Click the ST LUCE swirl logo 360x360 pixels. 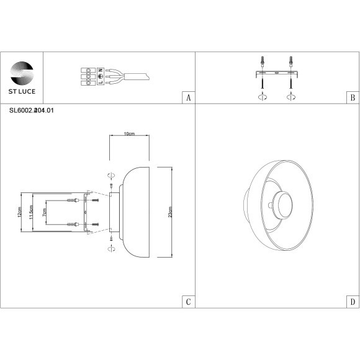(x=22, y=71)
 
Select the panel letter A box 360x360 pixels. (x=188, y=98)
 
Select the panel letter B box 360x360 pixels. (x=352, y=98)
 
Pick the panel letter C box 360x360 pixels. (x=188, y=302)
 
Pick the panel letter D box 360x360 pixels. (x=352, y=302)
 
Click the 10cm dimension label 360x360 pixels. (x=130, y=134)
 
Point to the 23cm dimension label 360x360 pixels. (x=170, y=212)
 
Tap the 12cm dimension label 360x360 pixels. (x=20, y=212)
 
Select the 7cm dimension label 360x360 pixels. (x=44, y=212)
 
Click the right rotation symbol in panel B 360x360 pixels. (x=290, y=97)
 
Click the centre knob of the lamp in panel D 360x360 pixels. (x=278, y=205)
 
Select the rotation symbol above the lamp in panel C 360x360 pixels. (x=111, y=175)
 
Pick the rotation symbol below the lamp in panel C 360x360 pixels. (x=111, y=248)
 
